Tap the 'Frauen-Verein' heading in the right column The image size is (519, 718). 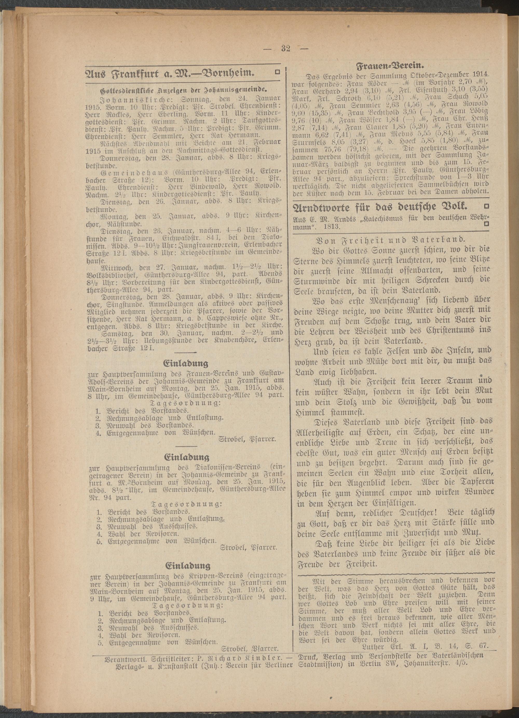coord(390,66)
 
